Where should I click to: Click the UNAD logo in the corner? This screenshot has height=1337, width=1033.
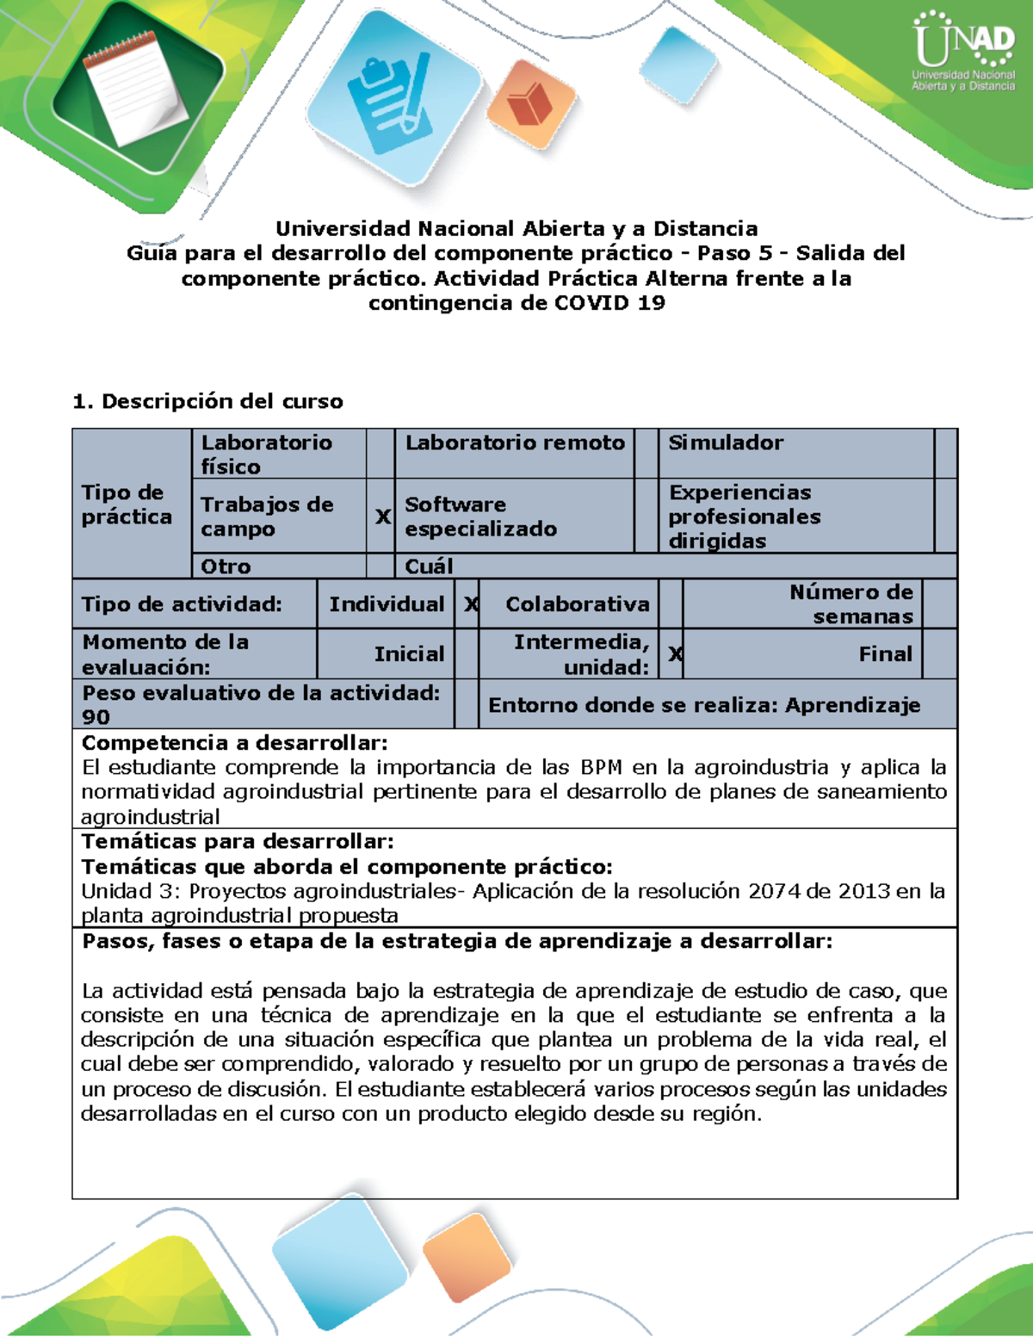(x=963, y=52)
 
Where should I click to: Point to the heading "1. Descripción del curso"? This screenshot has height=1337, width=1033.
(x=207, y=401)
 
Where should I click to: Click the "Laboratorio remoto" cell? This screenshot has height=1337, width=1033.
(x=515, y=443)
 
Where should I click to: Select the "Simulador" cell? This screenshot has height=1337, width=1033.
(x=726, y=443)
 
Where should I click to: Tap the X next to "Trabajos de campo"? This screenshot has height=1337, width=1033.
(x=382, y=517)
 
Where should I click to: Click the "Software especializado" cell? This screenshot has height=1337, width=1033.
(x=480, y=517)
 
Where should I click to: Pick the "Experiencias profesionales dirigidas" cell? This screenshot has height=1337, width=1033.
(x=745, y=517)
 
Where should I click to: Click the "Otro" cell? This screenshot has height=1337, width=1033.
(x=226, y=566)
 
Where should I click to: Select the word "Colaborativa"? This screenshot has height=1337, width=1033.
(x=577, y=604)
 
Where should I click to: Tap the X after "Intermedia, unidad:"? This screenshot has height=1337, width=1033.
(x=675, y=654)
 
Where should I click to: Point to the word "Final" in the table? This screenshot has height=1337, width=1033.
(x=885, y=654)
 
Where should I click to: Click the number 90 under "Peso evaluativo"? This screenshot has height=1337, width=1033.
(x=96, y=717)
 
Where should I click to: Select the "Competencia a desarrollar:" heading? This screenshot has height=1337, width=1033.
(x=234, y=743)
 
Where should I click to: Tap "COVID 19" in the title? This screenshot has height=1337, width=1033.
(x=609, y=303)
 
